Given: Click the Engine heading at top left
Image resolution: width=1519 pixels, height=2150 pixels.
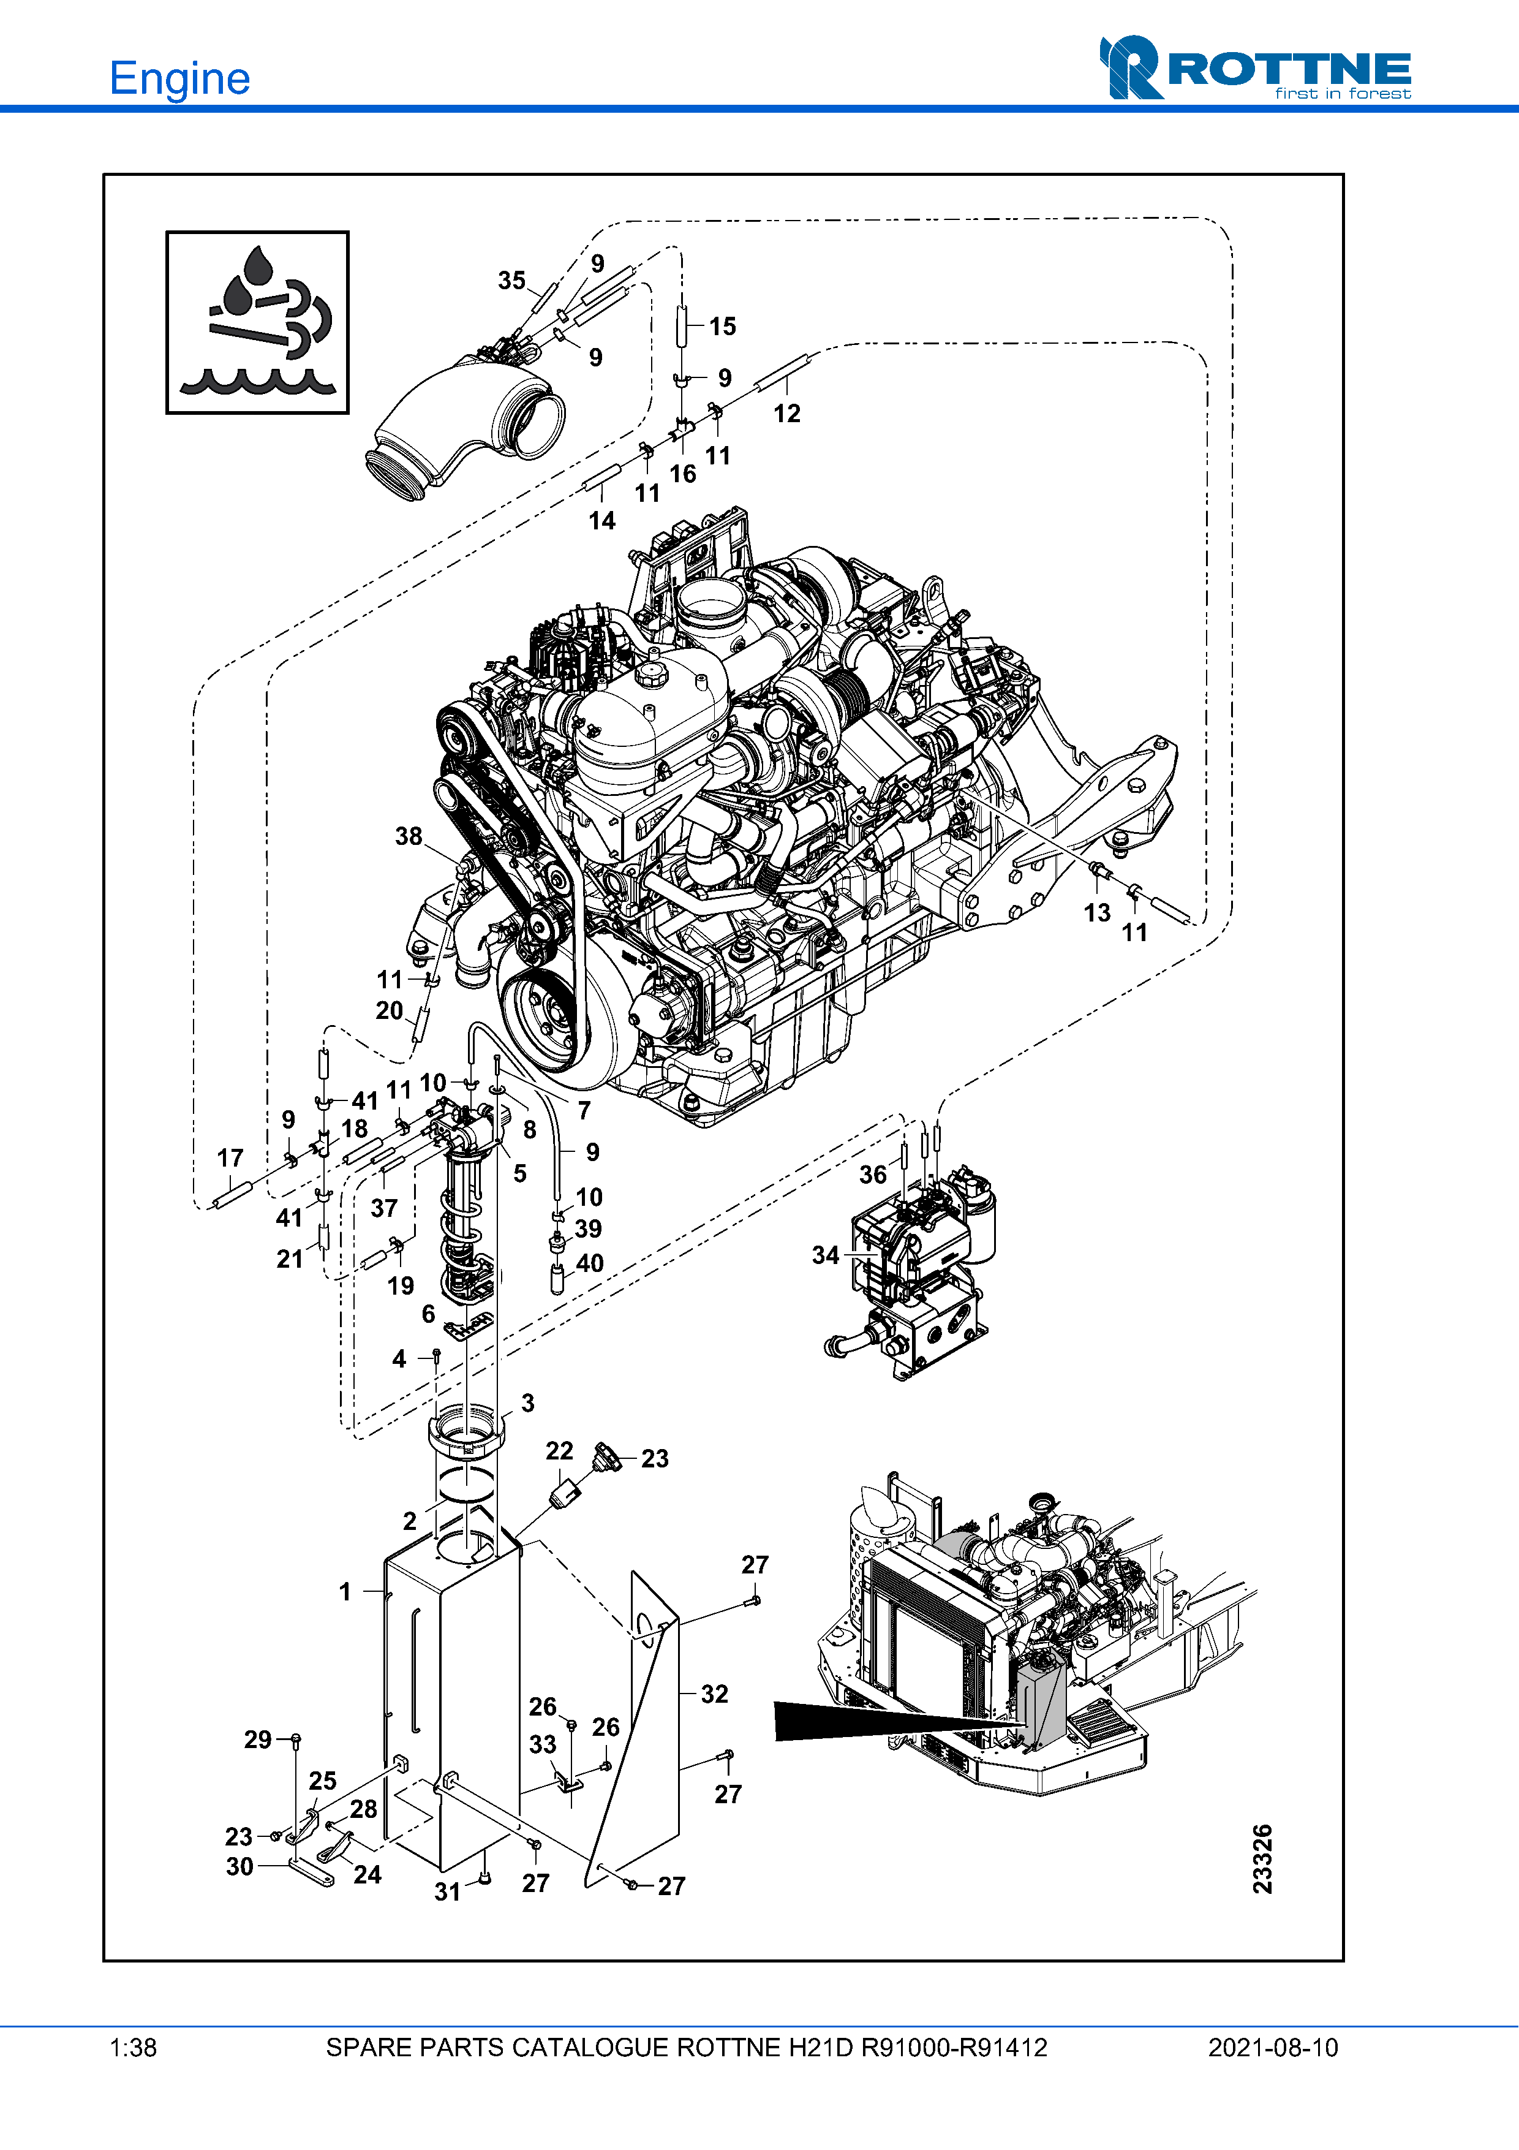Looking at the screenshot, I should click(x=179, y=78).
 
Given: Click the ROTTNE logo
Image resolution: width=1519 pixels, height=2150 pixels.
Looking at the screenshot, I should click(x=1255, y=69).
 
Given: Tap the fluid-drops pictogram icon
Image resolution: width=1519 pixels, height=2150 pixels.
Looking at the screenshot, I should click(x=257, y=322).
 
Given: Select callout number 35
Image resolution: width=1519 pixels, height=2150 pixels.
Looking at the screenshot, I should click(x=512, y=281).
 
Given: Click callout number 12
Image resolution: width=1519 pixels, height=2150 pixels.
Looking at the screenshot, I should click(x=787, y=414).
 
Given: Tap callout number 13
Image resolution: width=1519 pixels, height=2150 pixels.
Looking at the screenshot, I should click(x=1097, y=913).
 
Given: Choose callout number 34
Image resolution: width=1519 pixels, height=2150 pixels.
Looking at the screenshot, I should click(x=826, y=1255).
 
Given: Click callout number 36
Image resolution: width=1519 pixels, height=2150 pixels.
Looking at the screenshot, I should click(x=873, y=1175).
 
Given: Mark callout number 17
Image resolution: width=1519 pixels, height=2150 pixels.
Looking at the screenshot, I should click(x=230, y=1159).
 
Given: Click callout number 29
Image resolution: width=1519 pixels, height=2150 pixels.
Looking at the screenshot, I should click(x=258, y=1740).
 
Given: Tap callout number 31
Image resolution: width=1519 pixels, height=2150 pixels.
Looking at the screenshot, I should click(x=447, y=1891).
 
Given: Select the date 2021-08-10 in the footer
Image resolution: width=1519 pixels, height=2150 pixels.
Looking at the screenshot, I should click(x=1273, y=2048).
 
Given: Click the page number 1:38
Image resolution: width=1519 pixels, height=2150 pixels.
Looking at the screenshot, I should click(x=133, y=2048).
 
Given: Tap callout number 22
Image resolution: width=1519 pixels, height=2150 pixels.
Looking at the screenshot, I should click(x=560, y=1450).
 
